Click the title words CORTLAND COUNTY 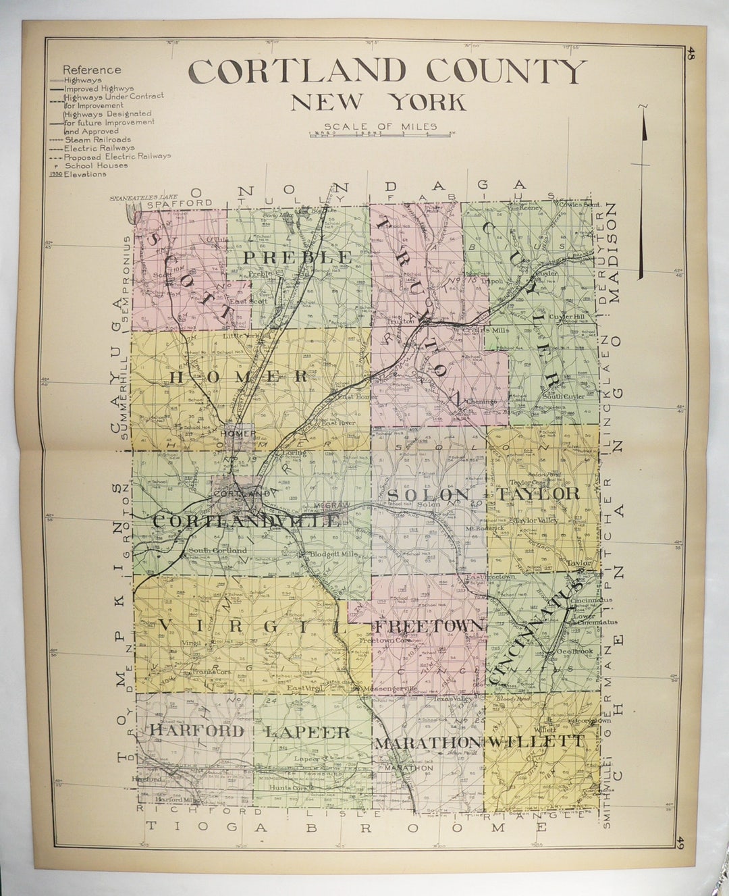[387, 71]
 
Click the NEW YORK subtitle [378, 102]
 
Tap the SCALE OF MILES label [380, 126]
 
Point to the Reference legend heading [92, 70]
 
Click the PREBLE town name [298, 257]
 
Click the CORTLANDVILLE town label [246, 521]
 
